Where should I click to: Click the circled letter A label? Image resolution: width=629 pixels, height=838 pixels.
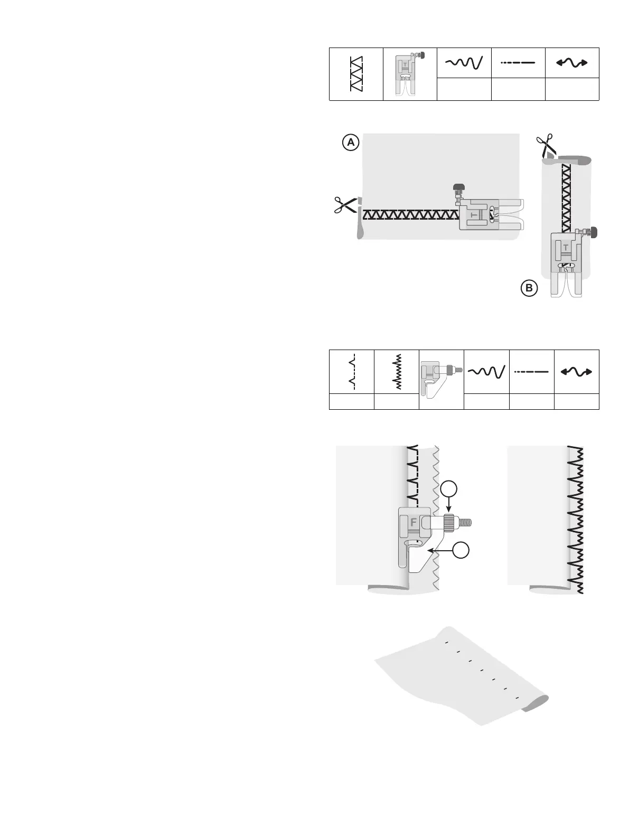[351, 143]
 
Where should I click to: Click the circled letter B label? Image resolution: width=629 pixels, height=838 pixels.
[529, 288]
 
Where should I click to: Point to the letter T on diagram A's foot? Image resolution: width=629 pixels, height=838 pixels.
[473, 216]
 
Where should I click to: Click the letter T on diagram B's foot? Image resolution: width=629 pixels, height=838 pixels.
[566, 247]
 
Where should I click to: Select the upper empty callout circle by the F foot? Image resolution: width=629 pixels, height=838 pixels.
[448, 488]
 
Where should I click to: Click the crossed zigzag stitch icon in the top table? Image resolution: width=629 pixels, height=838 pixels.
[356, 74]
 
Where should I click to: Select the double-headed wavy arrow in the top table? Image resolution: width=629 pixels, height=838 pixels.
[572, 63]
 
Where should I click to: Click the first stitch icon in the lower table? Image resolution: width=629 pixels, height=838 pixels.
[351, 371]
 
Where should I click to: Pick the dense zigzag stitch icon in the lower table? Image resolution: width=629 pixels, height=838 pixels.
[397, 371]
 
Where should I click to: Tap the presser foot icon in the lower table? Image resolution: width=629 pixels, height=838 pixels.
[440, 378]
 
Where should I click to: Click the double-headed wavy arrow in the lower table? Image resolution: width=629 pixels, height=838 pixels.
[577, 372]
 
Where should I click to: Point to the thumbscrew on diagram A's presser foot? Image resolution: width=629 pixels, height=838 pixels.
[458, 187]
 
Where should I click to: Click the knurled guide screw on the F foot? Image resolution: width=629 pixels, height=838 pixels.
[449, 521]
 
